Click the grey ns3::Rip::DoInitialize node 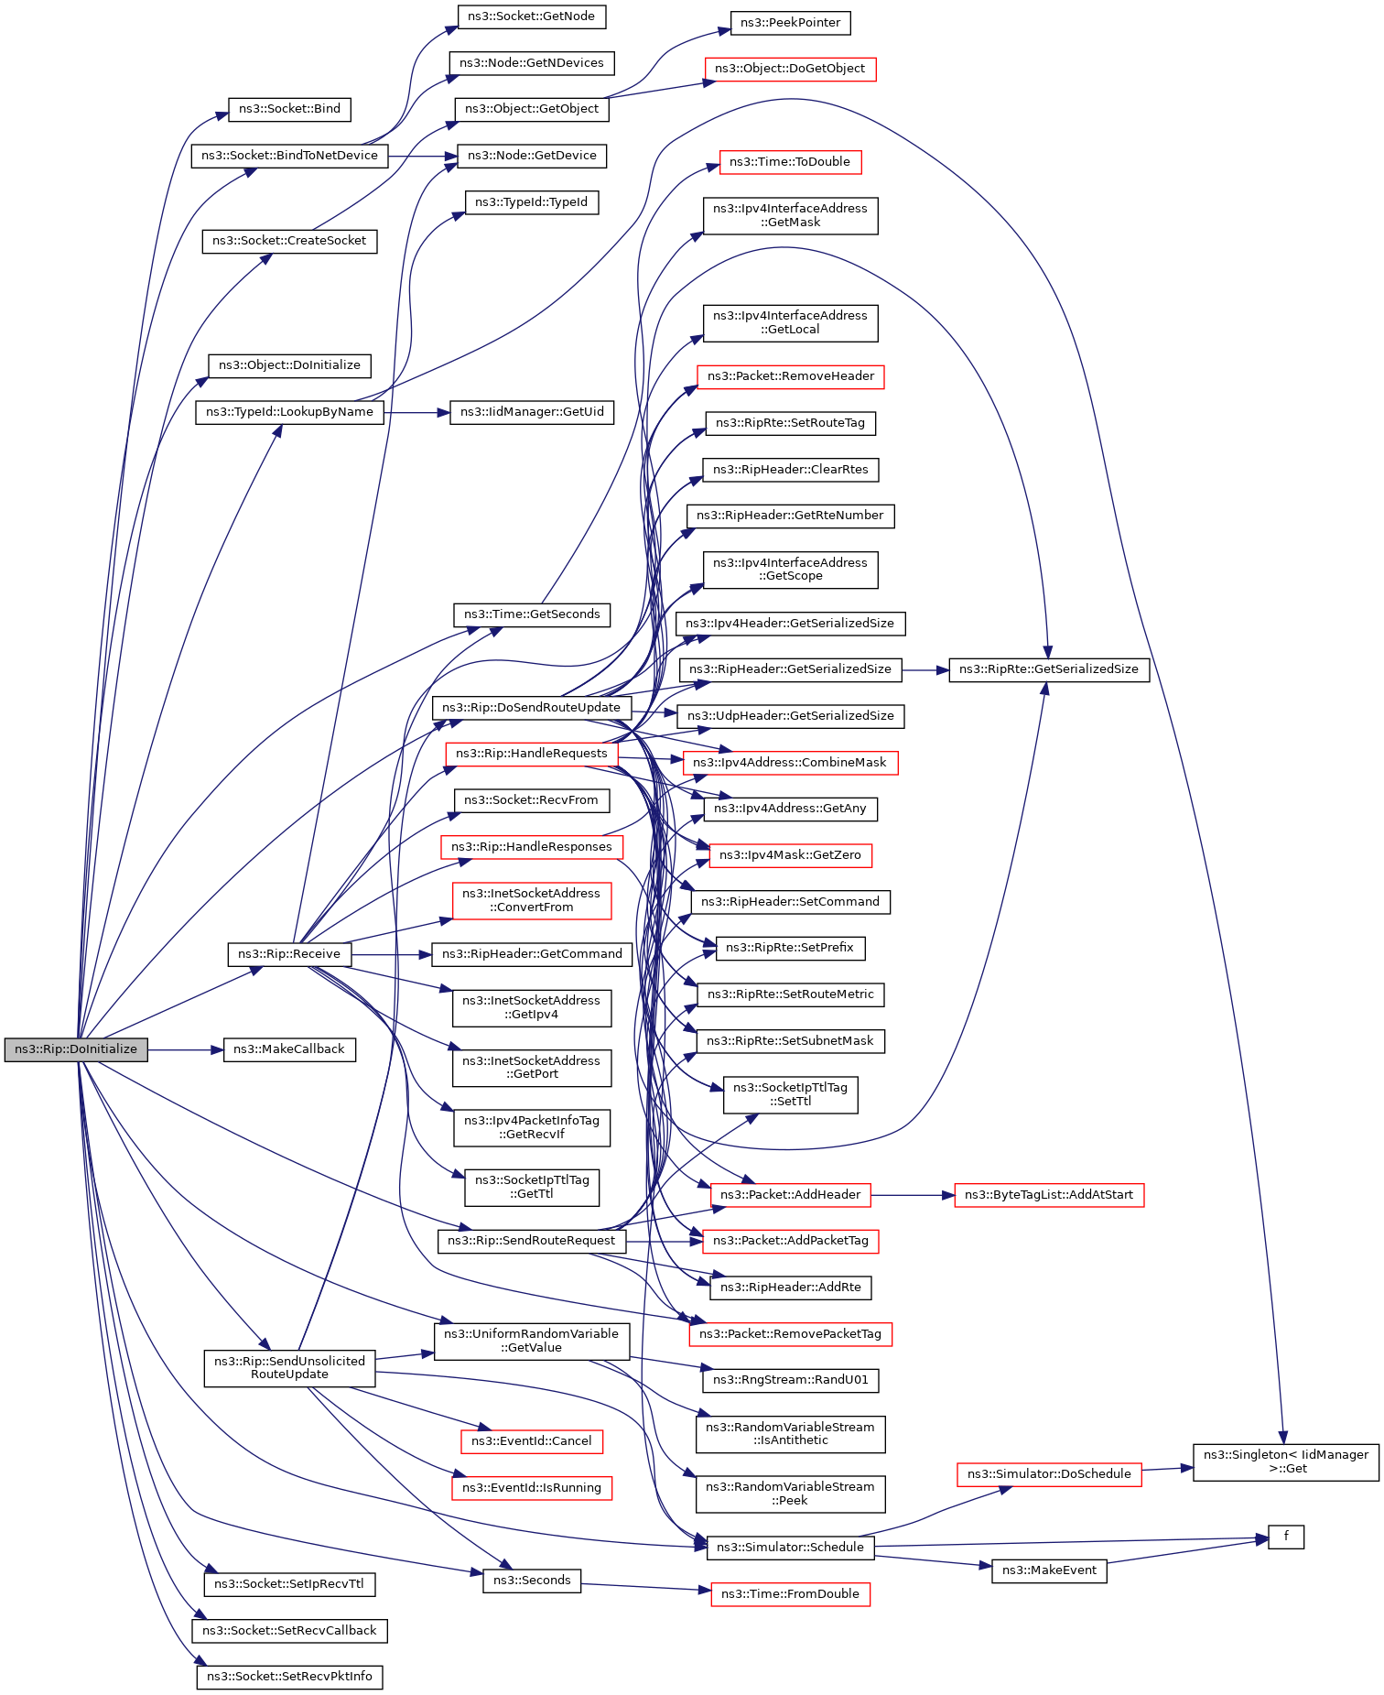click(76, 1049)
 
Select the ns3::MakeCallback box click(289, 1049)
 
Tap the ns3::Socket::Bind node click(289, 109)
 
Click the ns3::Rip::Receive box click(289, 954)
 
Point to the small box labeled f click(1285, 1537)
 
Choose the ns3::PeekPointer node click(790, 23)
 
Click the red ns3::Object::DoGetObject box click(790, 69)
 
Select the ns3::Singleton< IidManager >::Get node click(1285, 1461)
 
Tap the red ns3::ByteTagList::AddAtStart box click(1049, 1195)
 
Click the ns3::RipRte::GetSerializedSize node click(1049, 669)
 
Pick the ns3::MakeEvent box click(1049, 1570)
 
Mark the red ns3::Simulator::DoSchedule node click(1049, 1474)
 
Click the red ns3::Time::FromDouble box click(790, 1594)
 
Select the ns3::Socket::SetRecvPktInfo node click(289, 1677)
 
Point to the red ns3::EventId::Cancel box click(531, 1441)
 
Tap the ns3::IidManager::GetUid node click(532, 412)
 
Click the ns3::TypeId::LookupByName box click(289, 412)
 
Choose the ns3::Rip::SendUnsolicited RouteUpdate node click(289, 1367)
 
